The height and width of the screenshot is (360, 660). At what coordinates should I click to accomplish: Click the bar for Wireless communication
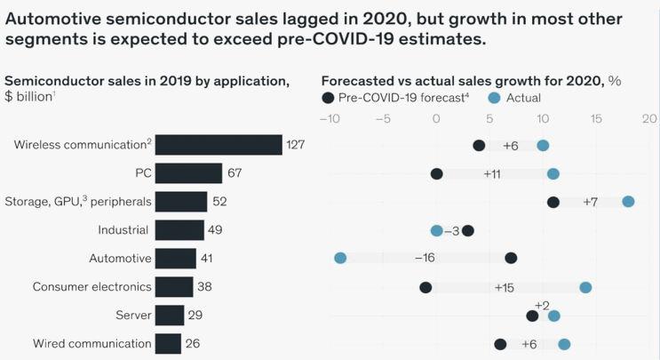219,145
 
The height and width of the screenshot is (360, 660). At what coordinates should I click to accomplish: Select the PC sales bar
188,173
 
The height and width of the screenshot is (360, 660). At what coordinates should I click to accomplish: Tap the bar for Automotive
175,259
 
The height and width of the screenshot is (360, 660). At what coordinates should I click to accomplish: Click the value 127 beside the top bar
295,145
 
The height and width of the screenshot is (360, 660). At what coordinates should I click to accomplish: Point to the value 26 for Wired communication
194,344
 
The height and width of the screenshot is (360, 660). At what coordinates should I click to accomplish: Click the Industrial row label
123,230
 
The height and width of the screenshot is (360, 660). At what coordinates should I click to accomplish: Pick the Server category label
133,316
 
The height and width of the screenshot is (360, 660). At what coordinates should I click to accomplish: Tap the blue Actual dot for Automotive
340,258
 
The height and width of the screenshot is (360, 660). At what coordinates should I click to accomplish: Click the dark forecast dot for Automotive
511,258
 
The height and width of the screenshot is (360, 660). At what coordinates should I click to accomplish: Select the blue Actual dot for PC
553,173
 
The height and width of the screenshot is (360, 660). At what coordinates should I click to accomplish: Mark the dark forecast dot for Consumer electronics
425,287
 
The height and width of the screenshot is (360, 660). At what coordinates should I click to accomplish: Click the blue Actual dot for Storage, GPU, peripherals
628,202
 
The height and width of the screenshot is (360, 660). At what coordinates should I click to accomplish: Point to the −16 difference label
425,258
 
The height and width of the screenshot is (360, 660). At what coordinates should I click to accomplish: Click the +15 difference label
505,287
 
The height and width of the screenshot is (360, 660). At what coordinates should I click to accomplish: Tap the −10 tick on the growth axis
329,118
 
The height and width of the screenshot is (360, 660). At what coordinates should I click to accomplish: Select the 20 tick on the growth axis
649,118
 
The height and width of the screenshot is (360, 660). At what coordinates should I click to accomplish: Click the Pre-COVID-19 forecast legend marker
330,98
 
